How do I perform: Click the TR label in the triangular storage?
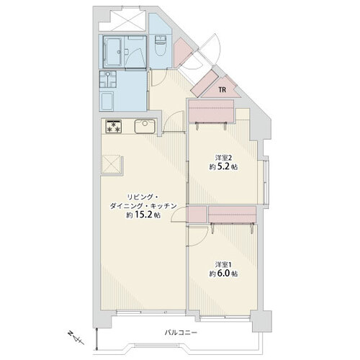222,90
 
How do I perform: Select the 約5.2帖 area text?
223,167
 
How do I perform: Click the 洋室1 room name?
223,264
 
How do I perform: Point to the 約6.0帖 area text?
223,274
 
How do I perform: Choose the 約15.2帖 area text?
143,215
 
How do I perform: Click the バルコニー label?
181,333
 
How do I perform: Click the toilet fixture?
160,45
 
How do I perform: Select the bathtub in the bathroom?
114,51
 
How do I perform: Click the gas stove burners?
114,127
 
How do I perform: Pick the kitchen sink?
145,126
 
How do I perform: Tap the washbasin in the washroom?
108,79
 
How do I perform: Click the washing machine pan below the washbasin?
107,102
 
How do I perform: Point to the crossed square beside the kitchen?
111,164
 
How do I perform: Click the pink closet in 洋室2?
211,111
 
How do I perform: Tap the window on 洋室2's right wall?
266,182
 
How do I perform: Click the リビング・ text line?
142,197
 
